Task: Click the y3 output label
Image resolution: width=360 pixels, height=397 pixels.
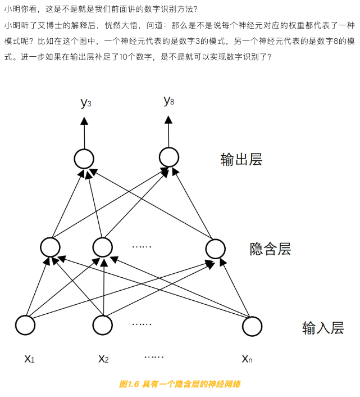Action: [86, 103]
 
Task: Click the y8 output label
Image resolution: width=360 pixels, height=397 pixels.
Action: [168, 101]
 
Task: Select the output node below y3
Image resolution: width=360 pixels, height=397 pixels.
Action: [84, 159]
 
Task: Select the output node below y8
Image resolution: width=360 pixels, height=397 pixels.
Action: [169, 157]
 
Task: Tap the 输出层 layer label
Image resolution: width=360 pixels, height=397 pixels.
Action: [241, 160]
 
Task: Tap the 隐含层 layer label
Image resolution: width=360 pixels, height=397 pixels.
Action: [270, 249]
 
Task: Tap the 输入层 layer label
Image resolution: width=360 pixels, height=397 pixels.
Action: [323, 328]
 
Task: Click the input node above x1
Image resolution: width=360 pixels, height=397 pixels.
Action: [25, 325]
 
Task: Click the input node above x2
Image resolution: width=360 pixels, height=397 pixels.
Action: [103, 325]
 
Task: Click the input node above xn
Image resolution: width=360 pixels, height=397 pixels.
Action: [252, 326]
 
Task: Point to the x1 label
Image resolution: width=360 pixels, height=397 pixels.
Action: [29, 359]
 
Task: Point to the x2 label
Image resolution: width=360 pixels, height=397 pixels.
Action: [103, 359]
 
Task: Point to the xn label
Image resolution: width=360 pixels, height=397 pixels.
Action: [247, 359]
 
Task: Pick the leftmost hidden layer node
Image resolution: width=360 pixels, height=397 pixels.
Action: [50, 247]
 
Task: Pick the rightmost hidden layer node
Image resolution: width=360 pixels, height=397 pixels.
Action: [216, 249]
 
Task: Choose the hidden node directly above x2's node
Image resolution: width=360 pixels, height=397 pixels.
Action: [103, 247]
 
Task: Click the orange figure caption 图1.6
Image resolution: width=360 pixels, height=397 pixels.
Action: [129, 384]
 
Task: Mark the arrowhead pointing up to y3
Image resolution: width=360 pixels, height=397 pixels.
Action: [84, 121]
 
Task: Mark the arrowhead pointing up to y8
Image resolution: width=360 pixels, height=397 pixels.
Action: [168, 120]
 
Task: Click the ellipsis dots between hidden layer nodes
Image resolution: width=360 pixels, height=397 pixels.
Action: [142, 246]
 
